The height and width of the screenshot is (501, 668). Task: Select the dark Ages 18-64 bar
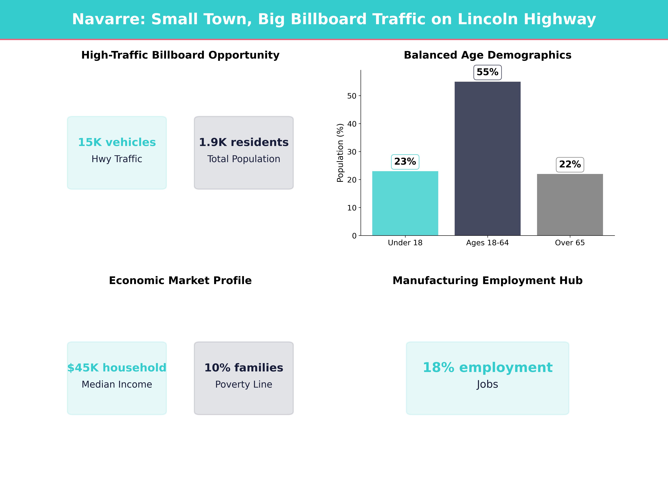(487, 159)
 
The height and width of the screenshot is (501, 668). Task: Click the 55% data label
(487, 72)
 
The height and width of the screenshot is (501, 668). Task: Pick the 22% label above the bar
(570, 165)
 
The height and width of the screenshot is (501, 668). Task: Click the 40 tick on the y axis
(352, 124)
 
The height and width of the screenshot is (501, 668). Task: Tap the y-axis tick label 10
(352, 208)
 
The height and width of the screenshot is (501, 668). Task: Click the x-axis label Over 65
(570, 243)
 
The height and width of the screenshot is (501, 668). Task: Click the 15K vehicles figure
(117, 142)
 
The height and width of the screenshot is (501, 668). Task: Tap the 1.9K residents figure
(244, 142)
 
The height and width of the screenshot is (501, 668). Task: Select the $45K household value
(117, 368)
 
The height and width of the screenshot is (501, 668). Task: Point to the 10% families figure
(244, 368)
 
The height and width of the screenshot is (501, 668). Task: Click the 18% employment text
(487, 368)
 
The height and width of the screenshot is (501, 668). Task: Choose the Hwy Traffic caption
(117, 159)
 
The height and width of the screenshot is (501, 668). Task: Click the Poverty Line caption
(244, 384)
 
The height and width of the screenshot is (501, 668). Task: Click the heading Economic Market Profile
(180, 281)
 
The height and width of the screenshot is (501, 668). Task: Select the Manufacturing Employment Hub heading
(487, 281)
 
